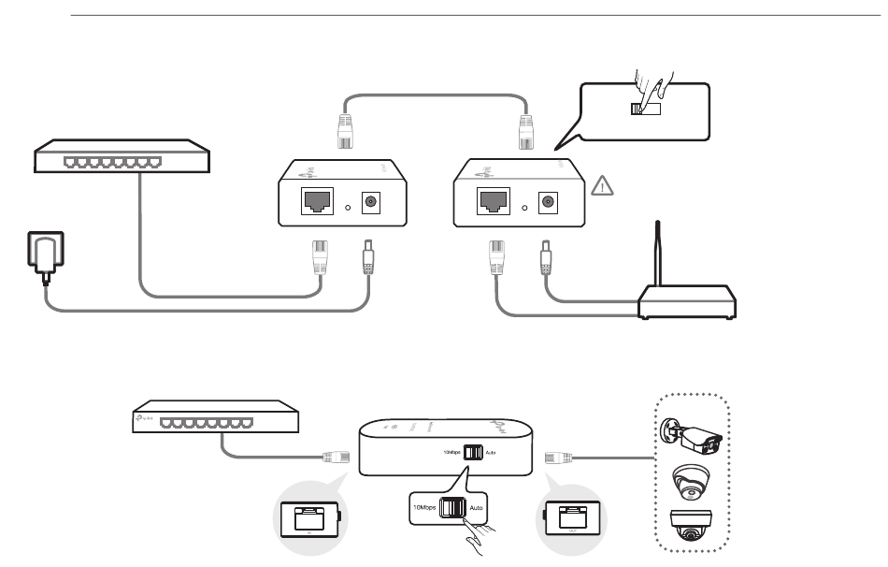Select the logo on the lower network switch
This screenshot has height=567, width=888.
click(144, 420)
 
